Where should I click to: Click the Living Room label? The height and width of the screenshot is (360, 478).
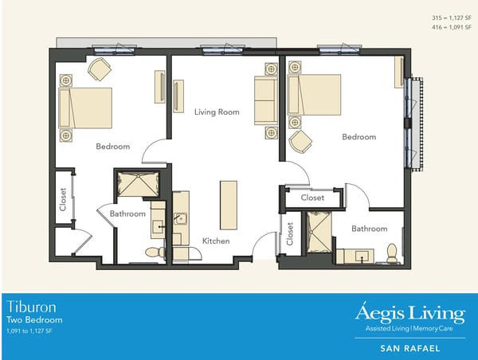217,112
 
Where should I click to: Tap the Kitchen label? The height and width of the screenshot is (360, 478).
216,241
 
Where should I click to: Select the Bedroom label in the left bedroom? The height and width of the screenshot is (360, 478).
112,146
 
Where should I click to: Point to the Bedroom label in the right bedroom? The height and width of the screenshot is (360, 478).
358,137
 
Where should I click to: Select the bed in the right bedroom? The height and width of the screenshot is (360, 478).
314,95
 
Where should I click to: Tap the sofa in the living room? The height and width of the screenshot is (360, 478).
265,100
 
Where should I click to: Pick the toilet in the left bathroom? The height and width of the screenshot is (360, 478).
153,252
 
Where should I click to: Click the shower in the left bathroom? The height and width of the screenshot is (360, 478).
138,185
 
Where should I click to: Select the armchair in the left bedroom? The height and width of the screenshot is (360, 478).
100,69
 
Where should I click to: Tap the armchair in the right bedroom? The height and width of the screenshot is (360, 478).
301,142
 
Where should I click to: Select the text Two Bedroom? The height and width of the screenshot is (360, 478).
33,319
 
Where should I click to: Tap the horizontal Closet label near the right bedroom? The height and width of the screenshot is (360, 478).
312,197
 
